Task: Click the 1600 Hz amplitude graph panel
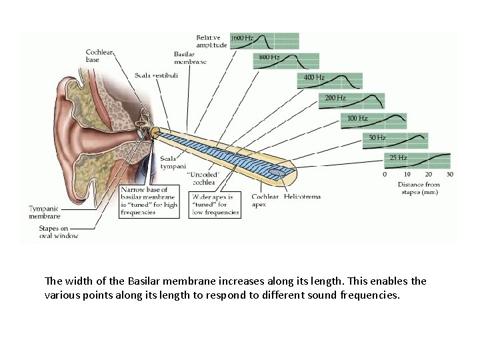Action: point(264,41)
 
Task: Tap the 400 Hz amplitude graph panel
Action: point(330,81)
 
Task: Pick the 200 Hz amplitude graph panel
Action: point(351,101)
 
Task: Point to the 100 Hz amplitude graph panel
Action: point(374,121)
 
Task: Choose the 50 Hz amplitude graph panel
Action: point(395,141)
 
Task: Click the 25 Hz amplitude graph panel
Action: point(418,161)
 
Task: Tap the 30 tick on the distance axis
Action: point(450,174)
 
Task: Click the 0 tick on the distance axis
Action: point(385,174)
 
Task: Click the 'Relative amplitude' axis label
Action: point(211,41)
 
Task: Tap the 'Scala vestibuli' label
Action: point(156,75)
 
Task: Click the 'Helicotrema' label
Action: point(302,197)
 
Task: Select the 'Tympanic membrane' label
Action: point(44,212)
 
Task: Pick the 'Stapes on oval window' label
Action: point(58,231)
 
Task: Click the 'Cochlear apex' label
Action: point(265,200)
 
